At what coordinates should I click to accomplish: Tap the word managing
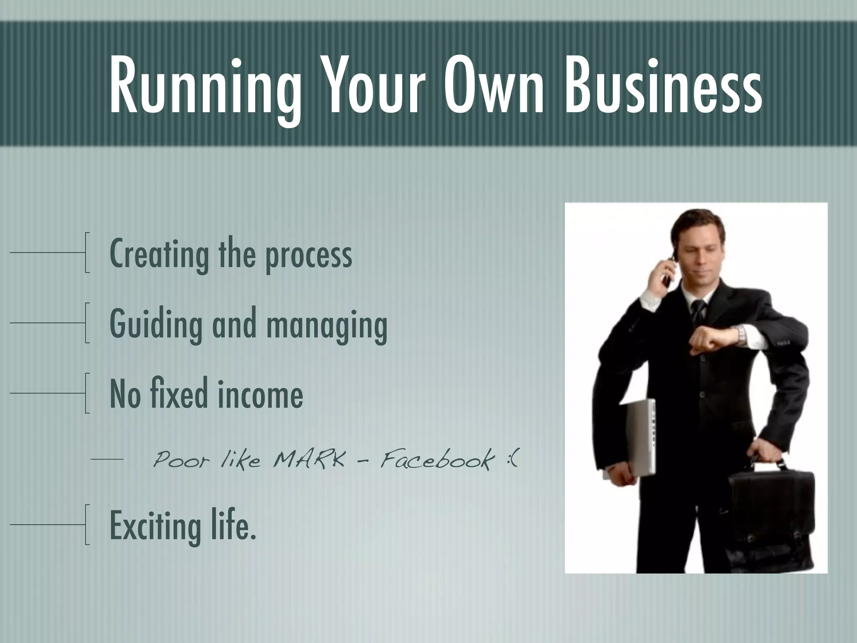tap(326, 327)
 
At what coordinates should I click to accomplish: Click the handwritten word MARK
tap(309, 460)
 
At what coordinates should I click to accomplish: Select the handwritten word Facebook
tap(435, 460)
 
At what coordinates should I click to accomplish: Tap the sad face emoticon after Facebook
tap(513, 460)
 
